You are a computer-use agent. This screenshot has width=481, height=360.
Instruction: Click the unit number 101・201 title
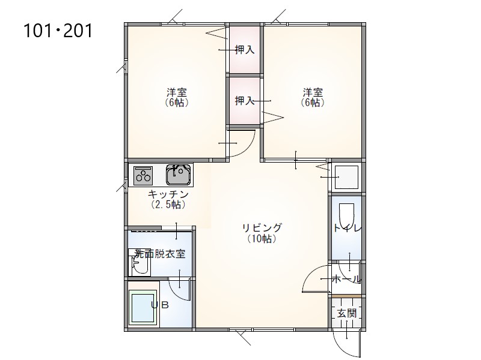[x=58, y=31]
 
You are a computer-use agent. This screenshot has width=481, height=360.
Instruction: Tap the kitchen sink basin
[x=179, y=175]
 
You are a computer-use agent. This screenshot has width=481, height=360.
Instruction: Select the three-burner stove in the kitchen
[x=143, y=175]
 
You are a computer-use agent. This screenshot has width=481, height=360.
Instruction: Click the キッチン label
[x=168, y=194]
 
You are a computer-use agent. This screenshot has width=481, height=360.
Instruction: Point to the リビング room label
[x=262, y=228]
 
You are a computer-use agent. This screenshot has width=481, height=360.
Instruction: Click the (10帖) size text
[x=262, y=239]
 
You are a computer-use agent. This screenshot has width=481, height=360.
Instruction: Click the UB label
[x=160, y=305]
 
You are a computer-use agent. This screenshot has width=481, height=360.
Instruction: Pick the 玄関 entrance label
[x=347, y=313]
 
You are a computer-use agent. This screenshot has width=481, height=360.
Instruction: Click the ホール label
[x=346, y=279]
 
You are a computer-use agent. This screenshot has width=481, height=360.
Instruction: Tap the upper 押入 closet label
[x=245, y=50]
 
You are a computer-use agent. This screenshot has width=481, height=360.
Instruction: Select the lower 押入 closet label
[x=245, y=100]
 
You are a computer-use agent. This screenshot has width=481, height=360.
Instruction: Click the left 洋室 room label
[x=177, y=92]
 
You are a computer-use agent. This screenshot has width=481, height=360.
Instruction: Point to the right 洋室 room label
[x=313, y=92]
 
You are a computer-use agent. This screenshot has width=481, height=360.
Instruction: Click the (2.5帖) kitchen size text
[x=168, y=205]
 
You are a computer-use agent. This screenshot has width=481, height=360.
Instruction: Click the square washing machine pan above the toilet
[x=347, y=177]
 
